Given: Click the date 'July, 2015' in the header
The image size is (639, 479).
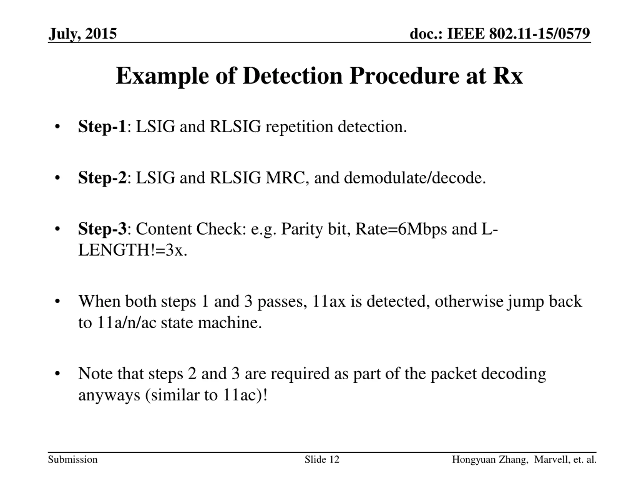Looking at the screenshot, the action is click(83, 34).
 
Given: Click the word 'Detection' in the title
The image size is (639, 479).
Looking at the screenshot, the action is click(292, 76).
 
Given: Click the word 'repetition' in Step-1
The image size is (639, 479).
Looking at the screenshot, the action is click(299, 127).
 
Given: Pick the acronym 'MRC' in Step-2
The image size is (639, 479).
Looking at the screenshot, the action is click(285, 178).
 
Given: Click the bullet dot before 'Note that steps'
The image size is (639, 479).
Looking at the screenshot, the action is click(57, 374).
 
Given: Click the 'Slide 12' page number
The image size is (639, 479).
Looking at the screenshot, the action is click(322, 459).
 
